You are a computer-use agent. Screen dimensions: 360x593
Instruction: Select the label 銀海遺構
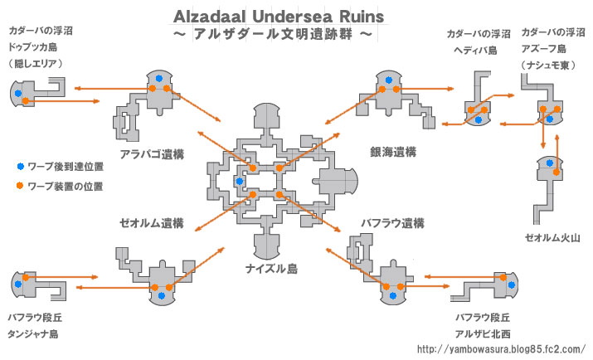tap(393, 152)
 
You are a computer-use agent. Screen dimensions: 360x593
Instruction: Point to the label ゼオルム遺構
tap(149, 223)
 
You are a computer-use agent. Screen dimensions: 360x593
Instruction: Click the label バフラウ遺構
tap(392, 223)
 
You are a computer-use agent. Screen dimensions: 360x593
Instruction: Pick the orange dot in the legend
tap(19, 186)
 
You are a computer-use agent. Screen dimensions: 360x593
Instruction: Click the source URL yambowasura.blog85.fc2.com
tap(500, 348)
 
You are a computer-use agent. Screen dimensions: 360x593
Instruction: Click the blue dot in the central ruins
tap(240, 181)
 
